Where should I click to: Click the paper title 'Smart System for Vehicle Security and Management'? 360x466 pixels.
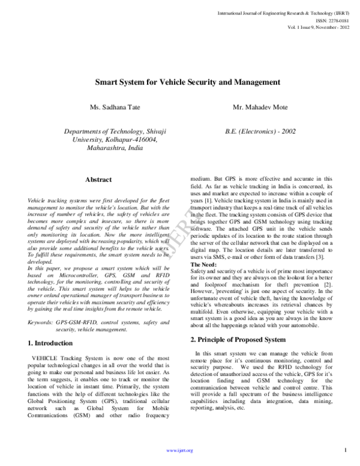click(180, 81)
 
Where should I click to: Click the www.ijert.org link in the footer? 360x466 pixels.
click(179, 450)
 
